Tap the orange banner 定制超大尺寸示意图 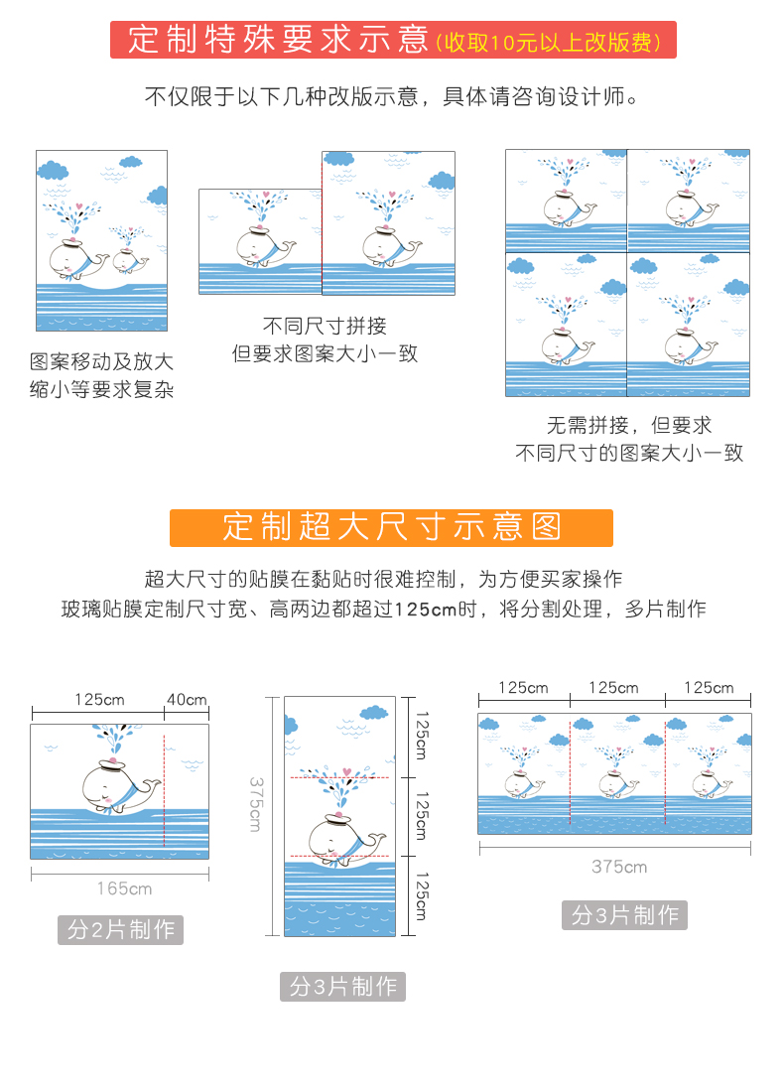(391, 527)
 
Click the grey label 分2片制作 (120, 930)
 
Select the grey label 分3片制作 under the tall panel (342, 987)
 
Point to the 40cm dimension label (187, 699)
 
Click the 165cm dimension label (124, 888)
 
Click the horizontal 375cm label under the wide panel (619, 867)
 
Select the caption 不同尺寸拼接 (325, 326)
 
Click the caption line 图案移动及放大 (101, 361)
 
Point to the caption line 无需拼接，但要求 (629, 426)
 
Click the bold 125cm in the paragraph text (424, 610)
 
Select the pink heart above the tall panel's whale (345, 770)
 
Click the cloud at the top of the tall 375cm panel (374, 712)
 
